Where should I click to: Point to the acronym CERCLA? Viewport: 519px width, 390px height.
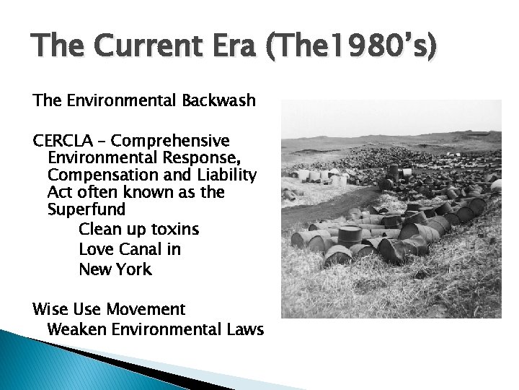coord(63,139)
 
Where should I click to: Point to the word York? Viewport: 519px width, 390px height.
coord(134,270)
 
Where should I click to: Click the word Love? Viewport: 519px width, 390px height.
coord(96,250)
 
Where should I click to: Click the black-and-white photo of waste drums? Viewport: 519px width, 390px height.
coord(391,209)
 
